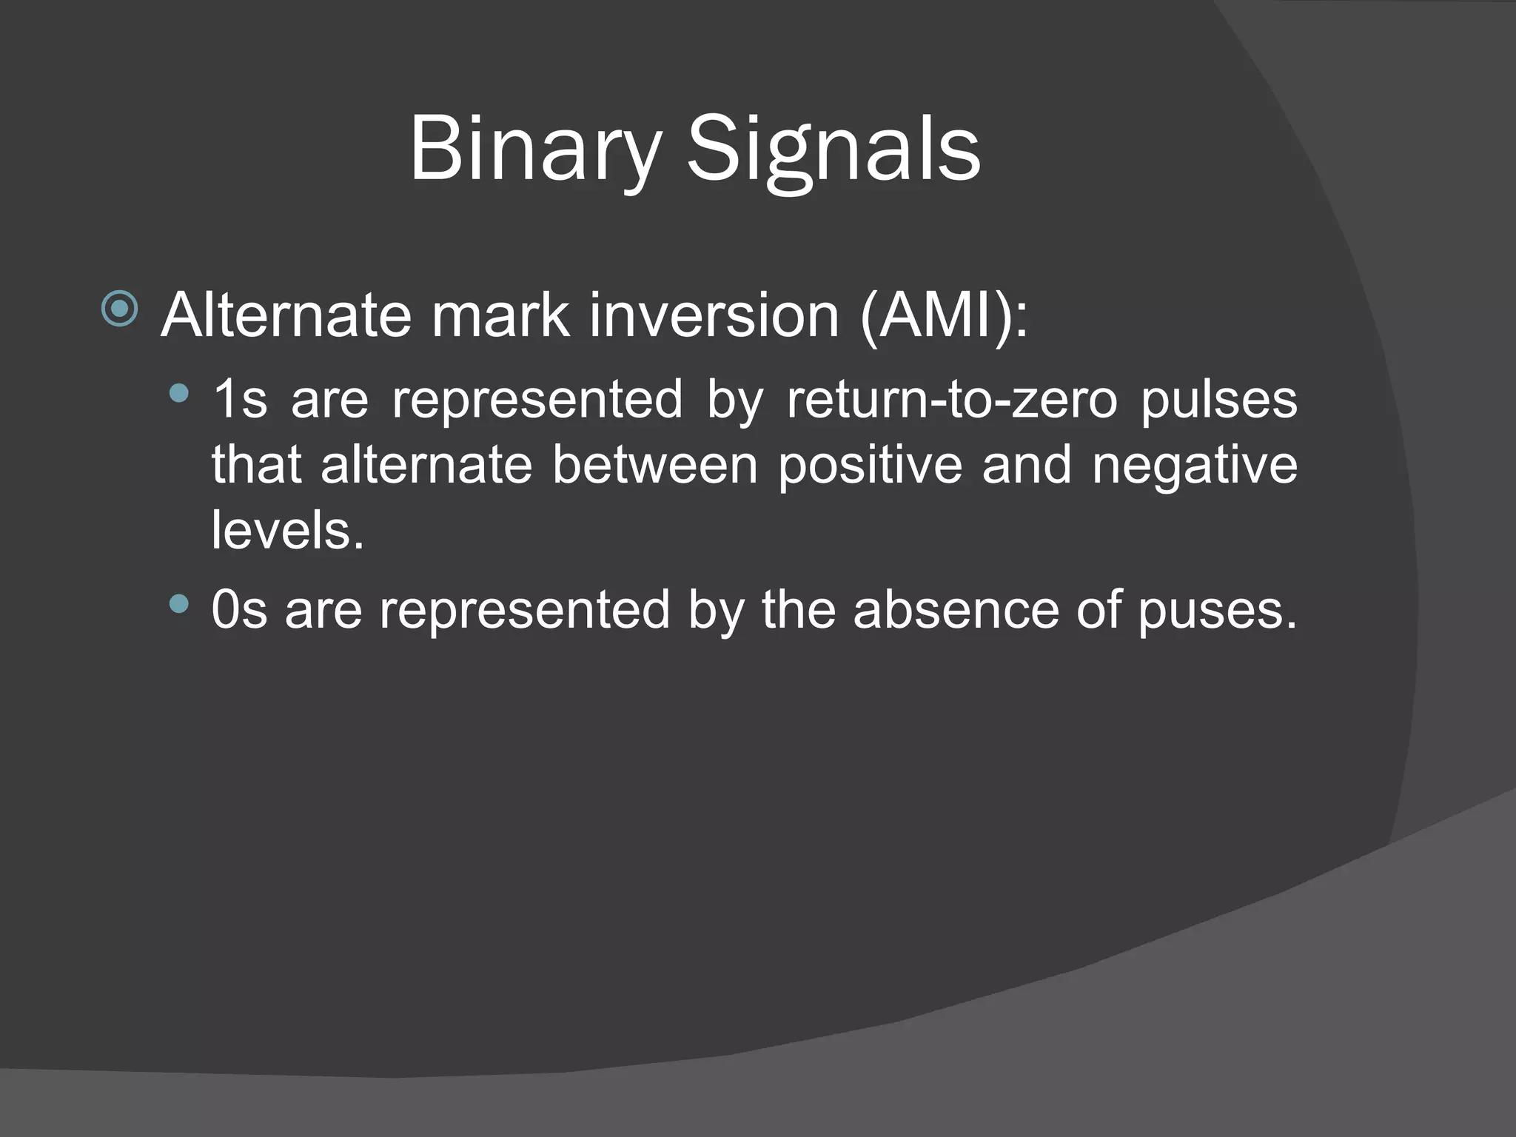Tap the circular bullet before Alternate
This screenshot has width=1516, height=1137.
120,309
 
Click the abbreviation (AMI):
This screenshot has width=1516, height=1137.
945,317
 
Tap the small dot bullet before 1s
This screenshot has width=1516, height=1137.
178,394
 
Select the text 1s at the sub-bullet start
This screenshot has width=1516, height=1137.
239,400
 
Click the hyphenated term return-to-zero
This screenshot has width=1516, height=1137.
951,400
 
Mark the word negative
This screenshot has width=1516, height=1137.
1195,466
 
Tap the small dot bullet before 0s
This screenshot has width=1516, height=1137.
178,605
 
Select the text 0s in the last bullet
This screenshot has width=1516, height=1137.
238,610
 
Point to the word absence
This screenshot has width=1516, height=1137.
956,610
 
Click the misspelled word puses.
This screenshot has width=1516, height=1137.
1217,611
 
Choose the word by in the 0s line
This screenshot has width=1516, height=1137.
715,611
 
